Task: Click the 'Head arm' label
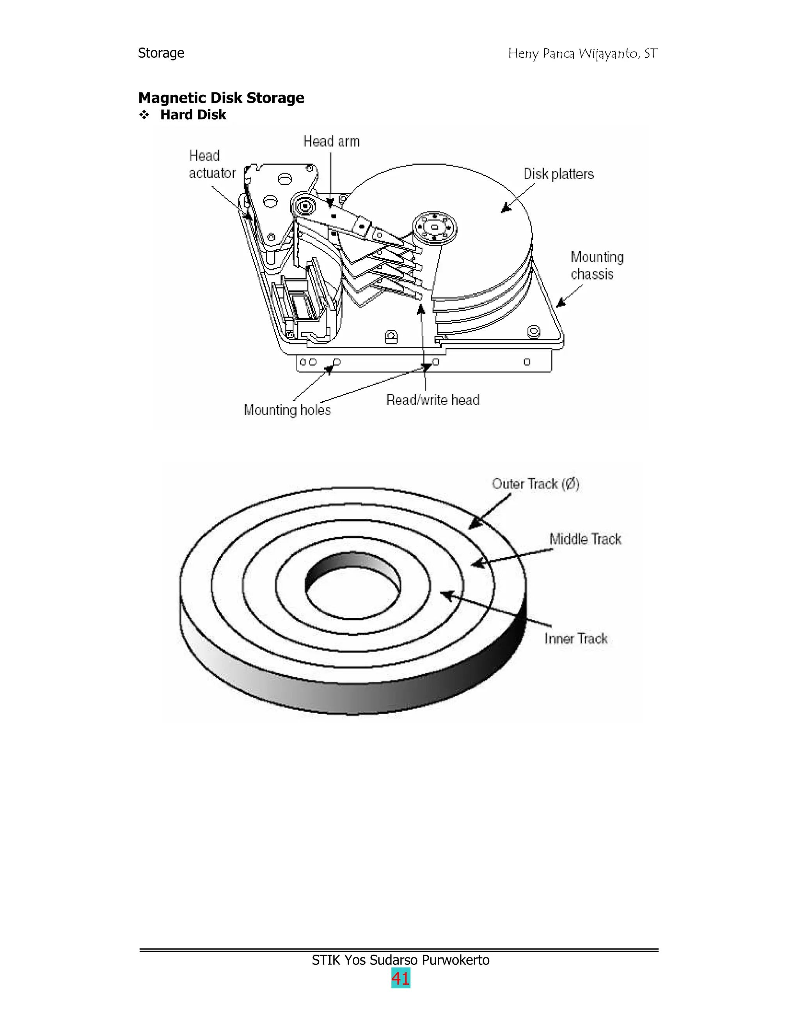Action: pos(331,142)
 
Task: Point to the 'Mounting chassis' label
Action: pos(597,265)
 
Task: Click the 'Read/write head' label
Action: pos(433,400)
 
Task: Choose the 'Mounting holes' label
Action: pos(287,410)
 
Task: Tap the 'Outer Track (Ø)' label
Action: pos(535,484)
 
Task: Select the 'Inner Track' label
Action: pos(575,639)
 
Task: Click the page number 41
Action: pos(400,978)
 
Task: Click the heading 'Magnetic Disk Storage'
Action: pos(221,98)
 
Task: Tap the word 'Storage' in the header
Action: pos(161,53)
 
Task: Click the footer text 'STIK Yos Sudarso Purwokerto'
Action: pos(400,960)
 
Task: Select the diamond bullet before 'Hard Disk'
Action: pos(144,115)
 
